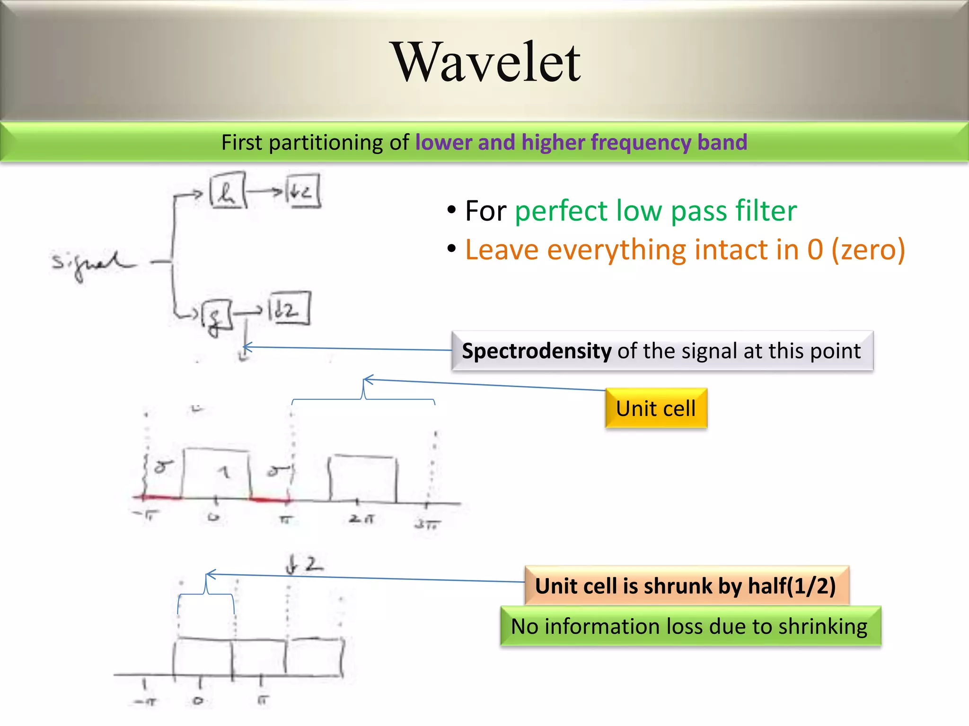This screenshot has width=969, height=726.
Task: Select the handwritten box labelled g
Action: pos(217,316)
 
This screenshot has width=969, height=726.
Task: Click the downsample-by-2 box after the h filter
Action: pos(303,191)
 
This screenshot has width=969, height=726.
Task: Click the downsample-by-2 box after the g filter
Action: pos(289,309)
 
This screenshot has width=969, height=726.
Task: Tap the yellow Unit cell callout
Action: pos(656,408)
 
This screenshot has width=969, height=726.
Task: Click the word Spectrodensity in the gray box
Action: pos(537,351)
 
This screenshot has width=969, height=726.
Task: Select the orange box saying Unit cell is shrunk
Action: pos(686,586)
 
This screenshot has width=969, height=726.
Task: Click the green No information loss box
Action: pos(690,627)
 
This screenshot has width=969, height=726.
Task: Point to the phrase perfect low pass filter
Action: pos(655,211)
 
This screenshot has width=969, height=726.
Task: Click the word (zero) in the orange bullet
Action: pos(868,250)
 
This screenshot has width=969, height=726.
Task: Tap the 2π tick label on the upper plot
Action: pos(362,519)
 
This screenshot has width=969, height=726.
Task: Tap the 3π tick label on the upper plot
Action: pos(427,524)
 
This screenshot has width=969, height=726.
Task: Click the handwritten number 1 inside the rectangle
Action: pos(225,472)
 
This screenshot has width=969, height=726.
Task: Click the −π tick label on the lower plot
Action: pos(145,701)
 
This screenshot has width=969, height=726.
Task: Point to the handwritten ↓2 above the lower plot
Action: pos(304,565)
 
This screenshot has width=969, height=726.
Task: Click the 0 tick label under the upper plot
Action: pos(214,517)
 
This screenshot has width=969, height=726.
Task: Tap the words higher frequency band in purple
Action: pos(634,143)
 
